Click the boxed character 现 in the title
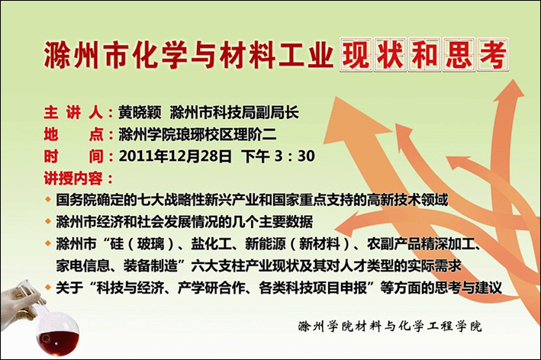(x=356, y=55)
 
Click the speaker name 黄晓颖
(x=140, y=113)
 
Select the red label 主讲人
(x=73, y=113)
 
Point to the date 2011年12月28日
(x=176, y=156)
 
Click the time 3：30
(x=295, y=156)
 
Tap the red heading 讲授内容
(x=73, y=178)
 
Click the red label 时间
(x=73, y=156)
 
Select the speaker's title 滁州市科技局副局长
(x=234, y=113)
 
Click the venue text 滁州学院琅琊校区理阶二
(x=198, y=134)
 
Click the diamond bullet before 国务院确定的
(x=48, y=200)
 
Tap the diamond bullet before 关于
(x=48, y=288)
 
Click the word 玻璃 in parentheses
(x=150, y=244)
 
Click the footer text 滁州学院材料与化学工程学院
(x=389, y=326)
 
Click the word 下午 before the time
(x=256, y=156)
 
